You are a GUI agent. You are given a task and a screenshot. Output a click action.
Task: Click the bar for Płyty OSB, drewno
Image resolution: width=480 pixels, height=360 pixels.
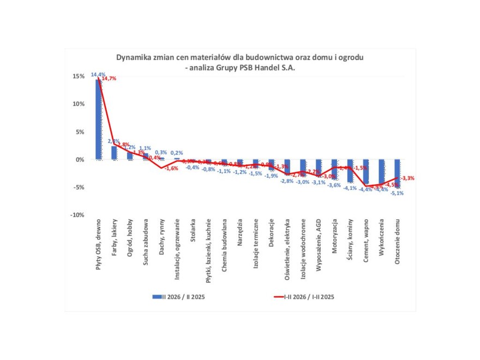pos(99,119)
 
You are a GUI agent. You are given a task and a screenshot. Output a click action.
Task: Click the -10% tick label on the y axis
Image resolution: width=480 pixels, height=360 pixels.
pos(77,215)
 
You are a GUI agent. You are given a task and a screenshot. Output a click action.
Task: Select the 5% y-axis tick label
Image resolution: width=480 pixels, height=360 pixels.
pos(80,132)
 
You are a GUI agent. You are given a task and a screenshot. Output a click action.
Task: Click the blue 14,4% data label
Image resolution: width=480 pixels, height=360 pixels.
pos(98,74)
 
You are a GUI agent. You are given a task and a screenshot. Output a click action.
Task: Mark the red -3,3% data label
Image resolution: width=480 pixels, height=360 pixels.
pos(407,178)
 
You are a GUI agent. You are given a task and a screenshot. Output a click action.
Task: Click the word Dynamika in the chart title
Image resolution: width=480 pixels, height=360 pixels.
pos(133,57)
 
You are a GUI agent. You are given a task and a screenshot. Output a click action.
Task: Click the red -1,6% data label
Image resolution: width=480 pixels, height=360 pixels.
pos(171,168)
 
